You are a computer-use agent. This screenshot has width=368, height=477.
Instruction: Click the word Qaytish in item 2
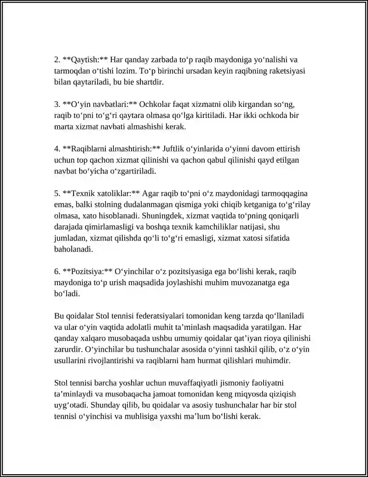coord(83,59)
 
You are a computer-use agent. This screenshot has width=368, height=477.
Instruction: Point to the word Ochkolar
coord(154,104)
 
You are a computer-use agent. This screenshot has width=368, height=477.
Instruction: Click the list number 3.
coord(57,104)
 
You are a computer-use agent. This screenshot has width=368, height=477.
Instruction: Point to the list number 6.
coord(57,271)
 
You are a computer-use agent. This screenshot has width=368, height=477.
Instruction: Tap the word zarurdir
coord(68,349)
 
